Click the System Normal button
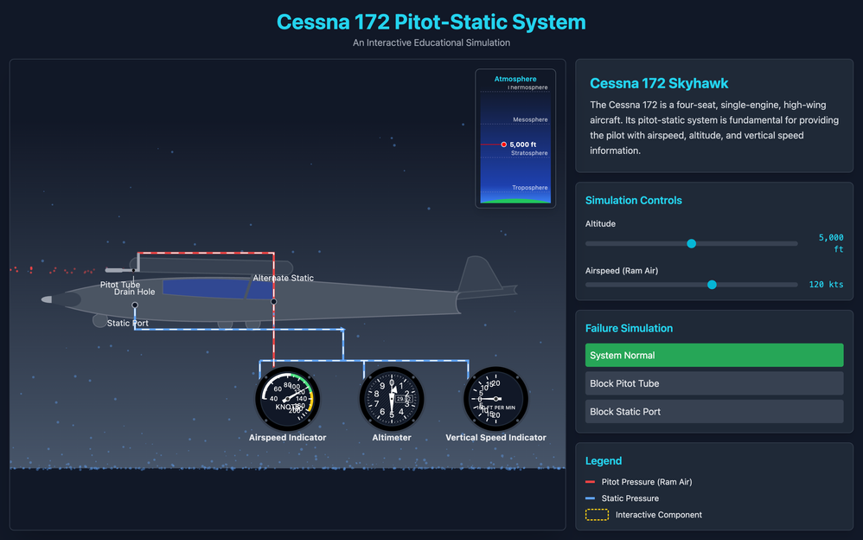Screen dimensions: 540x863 [713, 356]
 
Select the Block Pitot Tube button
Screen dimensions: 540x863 [713, 383]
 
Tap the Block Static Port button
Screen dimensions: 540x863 [713, 412]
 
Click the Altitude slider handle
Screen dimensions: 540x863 [691, 243]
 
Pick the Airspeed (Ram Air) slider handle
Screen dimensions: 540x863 [712, 284]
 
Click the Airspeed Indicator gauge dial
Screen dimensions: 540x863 [288, 399]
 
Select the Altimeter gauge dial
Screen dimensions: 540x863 [392, 399]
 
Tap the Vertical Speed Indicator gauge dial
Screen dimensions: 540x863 [495, 399]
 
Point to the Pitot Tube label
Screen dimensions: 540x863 [120, 285]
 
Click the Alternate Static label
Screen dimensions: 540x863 [283, 278]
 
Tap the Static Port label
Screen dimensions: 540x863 [127, 324]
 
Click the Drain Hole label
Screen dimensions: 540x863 [134, 292]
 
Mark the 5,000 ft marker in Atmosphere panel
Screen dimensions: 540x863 [504, 145]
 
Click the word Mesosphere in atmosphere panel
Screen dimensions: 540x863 [530, 119]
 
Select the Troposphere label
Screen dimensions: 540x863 [529, 188]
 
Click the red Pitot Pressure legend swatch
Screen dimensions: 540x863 [591, 482]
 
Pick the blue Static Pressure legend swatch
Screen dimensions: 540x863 [591, 498]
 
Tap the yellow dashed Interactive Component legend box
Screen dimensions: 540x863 [597, 515]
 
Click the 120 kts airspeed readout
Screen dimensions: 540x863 [826, 285]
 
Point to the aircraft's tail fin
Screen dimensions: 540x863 [475, 274]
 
